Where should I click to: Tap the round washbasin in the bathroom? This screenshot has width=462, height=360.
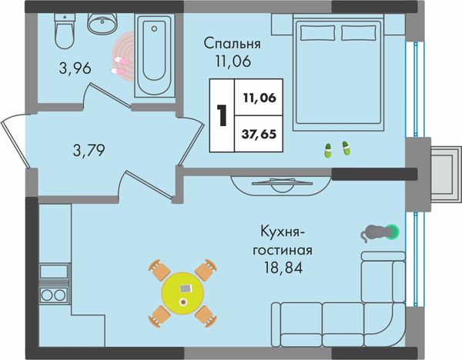coord(102,23)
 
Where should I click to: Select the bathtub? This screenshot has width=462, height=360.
coord(155,55)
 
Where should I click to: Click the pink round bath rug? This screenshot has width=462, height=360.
coord(122,56)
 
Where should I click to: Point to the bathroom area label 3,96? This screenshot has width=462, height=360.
coord(75,68)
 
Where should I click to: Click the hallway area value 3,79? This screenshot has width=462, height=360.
coord(89,150)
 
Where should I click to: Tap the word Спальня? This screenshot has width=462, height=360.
coord(233,44)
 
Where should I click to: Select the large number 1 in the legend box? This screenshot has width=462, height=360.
coord(222,115)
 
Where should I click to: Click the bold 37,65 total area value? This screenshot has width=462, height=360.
coord(259,134)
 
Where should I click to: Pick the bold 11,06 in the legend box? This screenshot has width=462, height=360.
coord(259,98)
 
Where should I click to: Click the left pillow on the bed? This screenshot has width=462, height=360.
coord(318,32)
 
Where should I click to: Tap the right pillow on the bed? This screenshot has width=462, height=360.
coord(359,32)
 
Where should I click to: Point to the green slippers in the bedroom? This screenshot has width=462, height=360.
coord(337,149)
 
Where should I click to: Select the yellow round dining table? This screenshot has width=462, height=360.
coord(182,293)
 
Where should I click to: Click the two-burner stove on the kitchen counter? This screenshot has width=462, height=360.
coord(54,295)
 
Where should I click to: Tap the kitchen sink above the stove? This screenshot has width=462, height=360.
coord(54,271)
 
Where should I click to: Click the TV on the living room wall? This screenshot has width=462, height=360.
coord(282,182)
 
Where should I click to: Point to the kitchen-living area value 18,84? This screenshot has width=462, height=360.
coord(283,268)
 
